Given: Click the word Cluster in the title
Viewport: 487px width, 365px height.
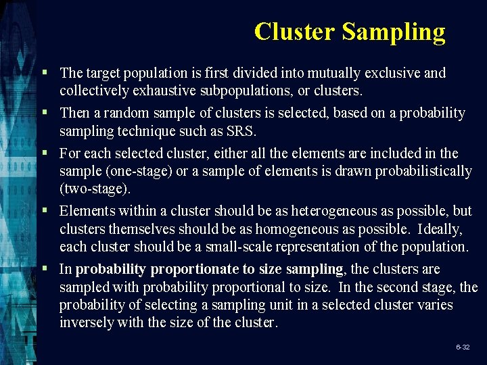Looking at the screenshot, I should click(295, 31).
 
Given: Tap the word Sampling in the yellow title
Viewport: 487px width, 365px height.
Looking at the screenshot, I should click(394, 32).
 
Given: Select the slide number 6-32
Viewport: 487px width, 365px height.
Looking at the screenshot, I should click(463, 347).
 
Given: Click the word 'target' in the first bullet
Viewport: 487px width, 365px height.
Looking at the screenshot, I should click(105, 72).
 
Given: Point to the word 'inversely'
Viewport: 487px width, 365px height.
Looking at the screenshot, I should click(87, 322).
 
